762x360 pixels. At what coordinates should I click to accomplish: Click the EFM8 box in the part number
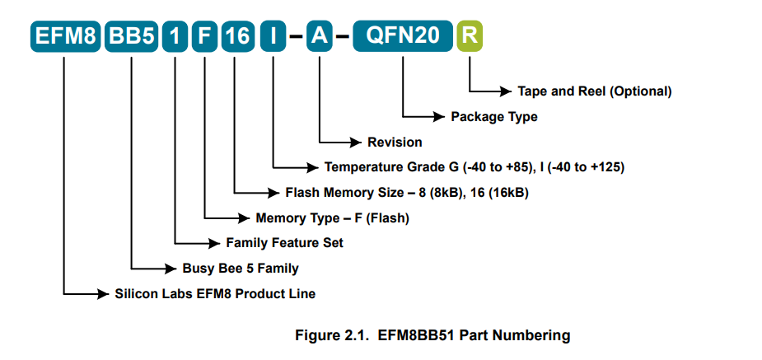tap(65, 36)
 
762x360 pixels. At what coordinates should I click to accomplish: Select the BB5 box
tap(132, 36)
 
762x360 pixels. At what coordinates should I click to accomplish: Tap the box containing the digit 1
tap(175, 36)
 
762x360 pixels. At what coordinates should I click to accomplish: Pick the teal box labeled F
tap(204, 36)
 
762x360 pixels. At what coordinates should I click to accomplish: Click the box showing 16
tap(238, 36)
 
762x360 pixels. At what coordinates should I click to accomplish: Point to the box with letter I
tap(273, 36)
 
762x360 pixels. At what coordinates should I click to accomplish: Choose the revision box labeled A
tap(320, 36)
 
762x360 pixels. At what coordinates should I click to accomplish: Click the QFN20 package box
tap(403, 36)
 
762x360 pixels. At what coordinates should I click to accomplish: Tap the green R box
tap(470, 36)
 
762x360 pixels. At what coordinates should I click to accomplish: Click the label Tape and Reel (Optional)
tap(594, 91)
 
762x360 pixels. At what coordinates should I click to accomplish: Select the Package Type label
tap(494, 117)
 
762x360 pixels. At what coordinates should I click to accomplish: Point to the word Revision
tap(395, 143)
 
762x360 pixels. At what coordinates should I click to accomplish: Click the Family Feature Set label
tap(285, 242)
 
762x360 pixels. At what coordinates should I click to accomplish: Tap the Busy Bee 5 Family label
tap(241, 269)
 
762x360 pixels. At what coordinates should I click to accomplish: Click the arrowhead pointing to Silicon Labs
tap(103, 293)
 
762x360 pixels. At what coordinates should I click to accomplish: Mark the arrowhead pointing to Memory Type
tap(244, 218)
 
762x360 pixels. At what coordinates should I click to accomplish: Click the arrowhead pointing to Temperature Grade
tap(312, 167)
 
